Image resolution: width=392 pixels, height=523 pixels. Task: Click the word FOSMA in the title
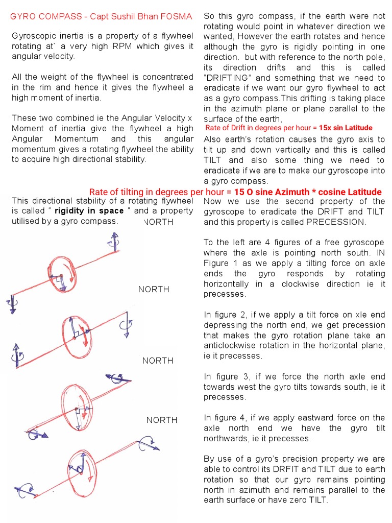tap(177, 17)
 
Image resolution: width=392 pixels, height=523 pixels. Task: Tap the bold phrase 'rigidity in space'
tap(89, 211)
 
